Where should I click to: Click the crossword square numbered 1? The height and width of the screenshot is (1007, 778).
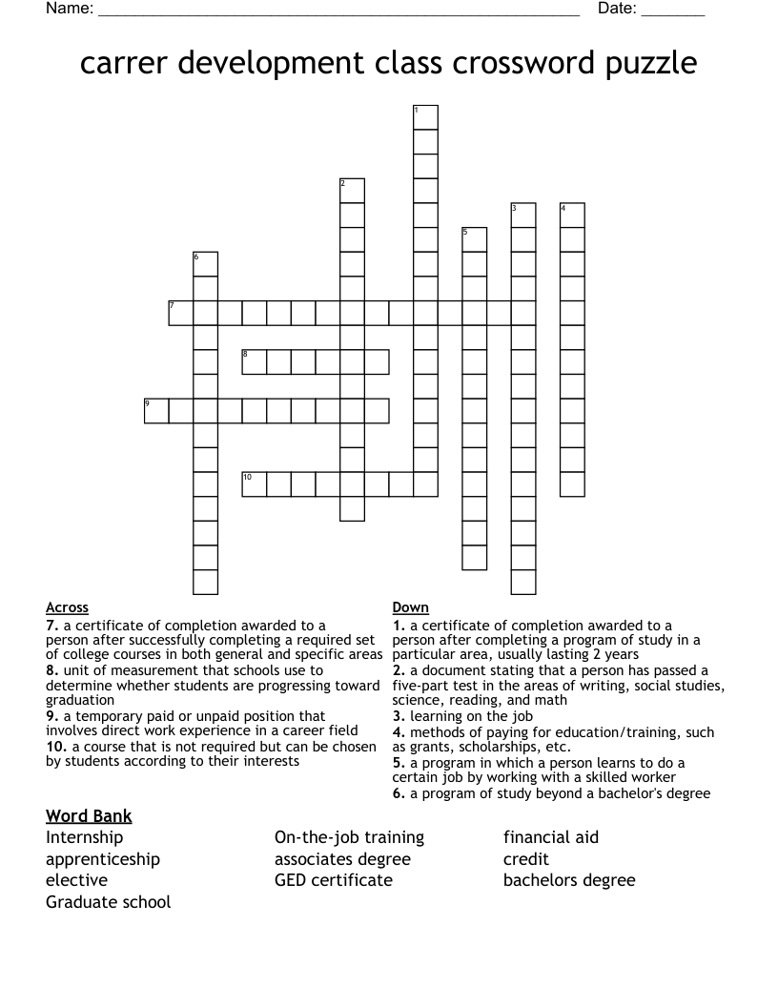click(425, 117)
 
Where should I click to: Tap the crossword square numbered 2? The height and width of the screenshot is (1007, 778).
click(352, 190)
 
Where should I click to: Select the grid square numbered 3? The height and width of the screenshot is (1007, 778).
click(523, 215)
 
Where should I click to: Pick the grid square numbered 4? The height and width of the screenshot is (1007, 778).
click(572, 215)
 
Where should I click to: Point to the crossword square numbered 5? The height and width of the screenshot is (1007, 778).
click(474, 239)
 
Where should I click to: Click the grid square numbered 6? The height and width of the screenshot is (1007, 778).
click(206, 264)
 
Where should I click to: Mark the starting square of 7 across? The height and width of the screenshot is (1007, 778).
click(181, 313)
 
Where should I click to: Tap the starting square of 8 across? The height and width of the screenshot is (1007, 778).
click(255, 361)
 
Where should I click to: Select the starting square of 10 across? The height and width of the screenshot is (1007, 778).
click(255, 483)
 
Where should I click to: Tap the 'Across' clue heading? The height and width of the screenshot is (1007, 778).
click(67, 607)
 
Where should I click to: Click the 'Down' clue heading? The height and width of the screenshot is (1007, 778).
click(410, 607)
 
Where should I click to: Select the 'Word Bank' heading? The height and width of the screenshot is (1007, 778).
click(89, 815)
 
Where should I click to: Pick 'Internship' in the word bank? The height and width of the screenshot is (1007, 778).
click(85, 837)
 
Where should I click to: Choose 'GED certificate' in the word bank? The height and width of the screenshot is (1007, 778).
click(333, 880)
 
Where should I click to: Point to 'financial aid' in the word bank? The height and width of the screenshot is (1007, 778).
click(551, 837)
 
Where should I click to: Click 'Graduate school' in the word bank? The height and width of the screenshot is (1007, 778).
click(109, 901)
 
